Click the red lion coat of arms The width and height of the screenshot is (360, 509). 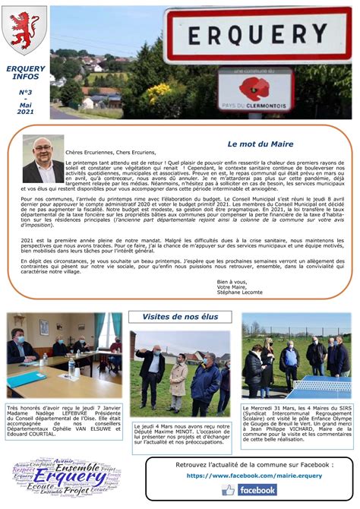(x=25, y=30)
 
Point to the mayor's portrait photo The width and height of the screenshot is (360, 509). (x=43, y=159)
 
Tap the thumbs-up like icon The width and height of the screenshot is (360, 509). (x=228, y=491)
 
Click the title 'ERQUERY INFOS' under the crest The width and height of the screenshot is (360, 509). (x=25, y=73)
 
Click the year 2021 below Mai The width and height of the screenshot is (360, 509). (x=25, y=112)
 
